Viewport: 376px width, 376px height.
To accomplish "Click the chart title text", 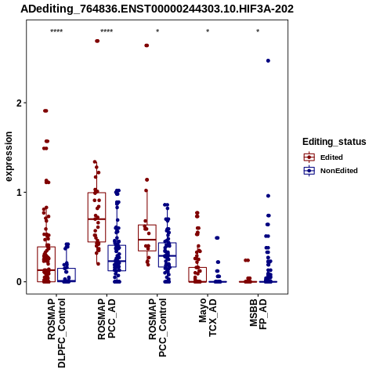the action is (157, 9).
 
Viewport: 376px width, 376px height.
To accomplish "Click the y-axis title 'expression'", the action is (9, 157).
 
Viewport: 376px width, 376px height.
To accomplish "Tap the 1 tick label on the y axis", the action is (19, 193).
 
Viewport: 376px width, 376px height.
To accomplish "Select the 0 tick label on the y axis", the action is (19, 282).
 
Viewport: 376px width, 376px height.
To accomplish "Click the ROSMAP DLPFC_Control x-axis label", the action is (56, 334).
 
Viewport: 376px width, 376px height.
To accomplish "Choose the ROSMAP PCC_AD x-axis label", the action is (107, 319).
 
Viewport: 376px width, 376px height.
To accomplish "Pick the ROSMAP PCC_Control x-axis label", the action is (157, 328).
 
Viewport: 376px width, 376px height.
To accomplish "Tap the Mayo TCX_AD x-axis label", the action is (208, 318).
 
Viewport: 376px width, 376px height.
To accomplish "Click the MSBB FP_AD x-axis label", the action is (258, 314).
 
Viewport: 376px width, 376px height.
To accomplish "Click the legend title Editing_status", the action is (334, 142).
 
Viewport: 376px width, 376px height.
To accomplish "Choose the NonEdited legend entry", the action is (331, 171).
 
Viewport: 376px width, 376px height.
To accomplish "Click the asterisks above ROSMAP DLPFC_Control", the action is (56, 31).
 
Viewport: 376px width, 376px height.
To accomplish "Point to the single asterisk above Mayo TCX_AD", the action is (208, 31).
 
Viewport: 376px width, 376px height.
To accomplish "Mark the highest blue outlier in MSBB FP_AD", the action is (268, 61).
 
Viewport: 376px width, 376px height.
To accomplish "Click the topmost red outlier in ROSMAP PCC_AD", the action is (97, 41).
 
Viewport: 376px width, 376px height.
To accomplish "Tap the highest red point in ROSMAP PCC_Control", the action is (146, 45).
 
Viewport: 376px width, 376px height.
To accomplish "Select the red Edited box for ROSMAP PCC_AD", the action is (96, 217).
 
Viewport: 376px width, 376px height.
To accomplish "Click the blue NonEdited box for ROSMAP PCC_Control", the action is (167, 255).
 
